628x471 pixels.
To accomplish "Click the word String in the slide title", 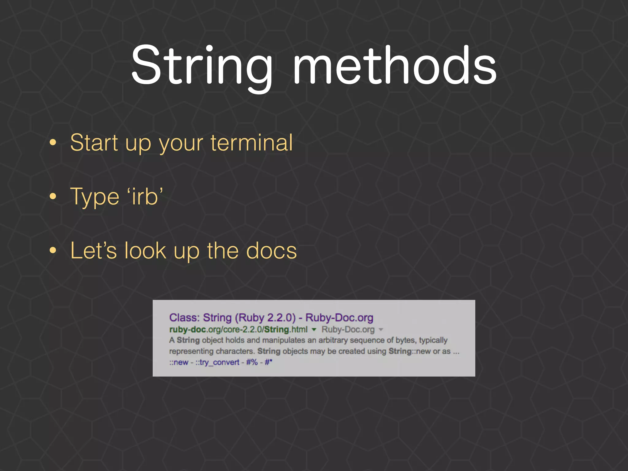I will [x=202, y=65].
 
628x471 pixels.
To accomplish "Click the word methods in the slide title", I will [x=394, y=65].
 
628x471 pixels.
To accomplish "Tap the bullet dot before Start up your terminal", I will [x=53, y=142].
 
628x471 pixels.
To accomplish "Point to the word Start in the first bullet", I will [x=94, y=143].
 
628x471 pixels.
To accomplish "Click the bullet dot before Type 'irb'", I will [x=53, y=197].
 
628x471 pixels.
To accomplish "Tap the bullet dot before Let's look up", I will [x=53, y=251].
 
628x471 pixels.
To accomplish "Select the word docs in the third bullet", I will [x=271, y=251].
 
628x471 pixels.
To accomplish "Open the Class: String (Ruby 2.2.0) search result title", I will [x=271, y=318].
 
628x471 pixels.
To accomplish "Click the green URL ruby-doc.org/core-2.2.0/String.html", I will [x=238, y=330].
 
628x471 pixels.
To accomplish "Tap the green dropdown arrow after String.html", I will [x=314, y=330].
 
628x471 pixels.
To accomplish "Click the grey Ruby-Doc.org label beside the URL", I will [x=348, y=330].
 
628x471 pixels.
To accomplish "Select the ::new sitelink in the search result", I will [x=179, y=362].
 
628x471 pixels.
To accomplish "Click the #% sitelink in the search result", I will [x=252, y=362].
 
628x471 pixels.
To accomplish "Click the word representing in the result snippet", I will [x=191, y=351].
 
